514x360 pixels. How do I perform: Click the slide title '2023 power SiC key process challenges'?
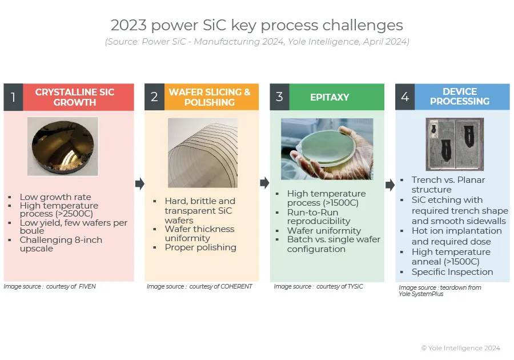[256, 25]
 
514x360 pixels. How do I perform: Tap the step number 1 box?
[13, 97]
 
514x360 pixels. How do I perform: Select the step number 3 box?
[279, 97]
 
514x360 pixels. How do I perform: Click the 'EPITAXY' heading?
[330, 97]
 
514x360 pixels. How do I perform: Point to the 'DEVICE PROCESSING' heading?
[460, 97]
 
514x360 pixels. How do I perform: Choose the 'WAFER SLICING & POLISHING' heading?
[210, 97]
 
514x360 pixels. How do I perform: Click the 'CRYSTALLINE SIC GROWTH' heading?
[75, 97]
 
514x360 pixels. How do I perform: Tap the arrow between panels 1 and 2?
[140, 183]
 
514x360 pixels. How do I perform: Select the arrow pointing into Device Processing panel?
[390, 185]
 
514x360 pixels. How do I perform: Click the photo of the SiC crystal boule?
[63, 146]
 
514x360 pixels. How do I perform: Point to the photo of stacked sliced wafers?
[203, 153]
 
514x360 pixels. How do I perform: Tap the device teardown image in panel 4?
[455, 144]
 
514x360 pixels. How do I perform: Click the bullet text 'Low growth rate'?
[55, 197]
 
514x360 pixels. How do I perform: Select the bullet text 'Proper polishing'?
[200, 247]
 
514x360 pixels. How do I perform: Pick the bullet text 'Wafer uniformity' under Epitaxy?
[324, 231]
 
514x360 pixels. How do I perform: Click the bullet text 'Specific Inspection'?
[452, 272]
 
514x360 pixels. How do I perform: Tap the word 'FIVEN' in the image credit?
[87, 286]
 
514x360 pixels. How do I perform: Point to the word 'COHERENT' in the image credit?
[236, 286]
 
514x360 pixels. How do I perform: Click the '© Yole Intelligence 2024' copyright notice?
[460, 348]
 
